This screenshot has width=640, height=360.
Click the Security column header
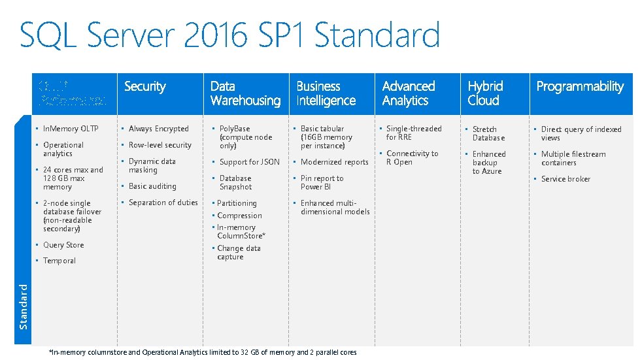click(144, 86)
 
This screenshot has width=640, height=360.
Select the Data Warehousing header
click(245, 93)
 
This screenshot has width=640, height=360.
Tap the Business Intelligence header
click(326, 93)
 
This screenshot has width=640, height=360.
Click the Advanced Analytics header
click(408, 93)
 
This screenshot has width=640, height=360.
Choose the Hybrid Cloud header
click(485, 93)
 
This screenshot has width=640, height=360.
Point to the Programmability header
click(580, 86)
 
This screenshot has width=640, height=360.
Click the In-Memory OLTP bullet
click(71, 129)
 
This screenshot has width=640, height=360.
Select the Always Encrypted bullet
click(158, 129)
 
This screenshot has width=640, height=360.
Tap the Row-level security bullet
click(160, 145)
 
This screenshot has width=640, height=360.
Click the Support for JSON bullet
click(249, 162)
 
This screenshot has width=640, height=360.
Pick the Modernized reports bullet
click(334, 162)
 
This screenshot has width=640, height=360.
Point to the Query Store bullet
click(63, 245)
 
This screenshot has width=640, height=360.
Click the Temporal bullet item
click(59, 261)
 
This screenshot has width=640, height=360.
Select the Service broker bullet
click(565, 179)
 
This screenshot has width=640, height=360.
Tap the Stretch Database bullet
click(488, 133)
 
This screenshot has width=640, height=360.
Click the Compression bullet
click(239, 216)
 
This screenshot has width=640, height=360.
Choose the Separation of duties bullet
click(163, 203)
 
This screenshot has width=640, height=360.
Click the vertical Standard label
click(23, 306)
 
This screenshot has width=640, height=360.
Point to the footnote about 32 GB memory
click(203, 352)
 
